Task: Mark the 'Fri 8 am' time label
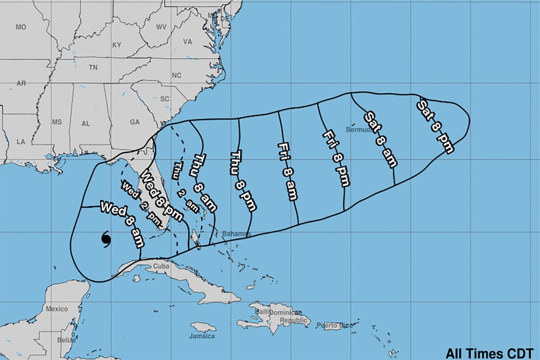(x=288, y=171)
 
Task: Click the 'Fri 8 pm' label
(x=336, y=158)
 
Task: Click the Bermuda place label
(x=358, y=129)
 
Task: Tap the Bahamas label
(x=234, y=234)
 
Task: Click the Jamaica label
(x=202, y=336)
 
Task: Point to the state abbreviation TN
(x=93, y=68)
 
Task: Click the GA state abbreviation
(x=135, y=122)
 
